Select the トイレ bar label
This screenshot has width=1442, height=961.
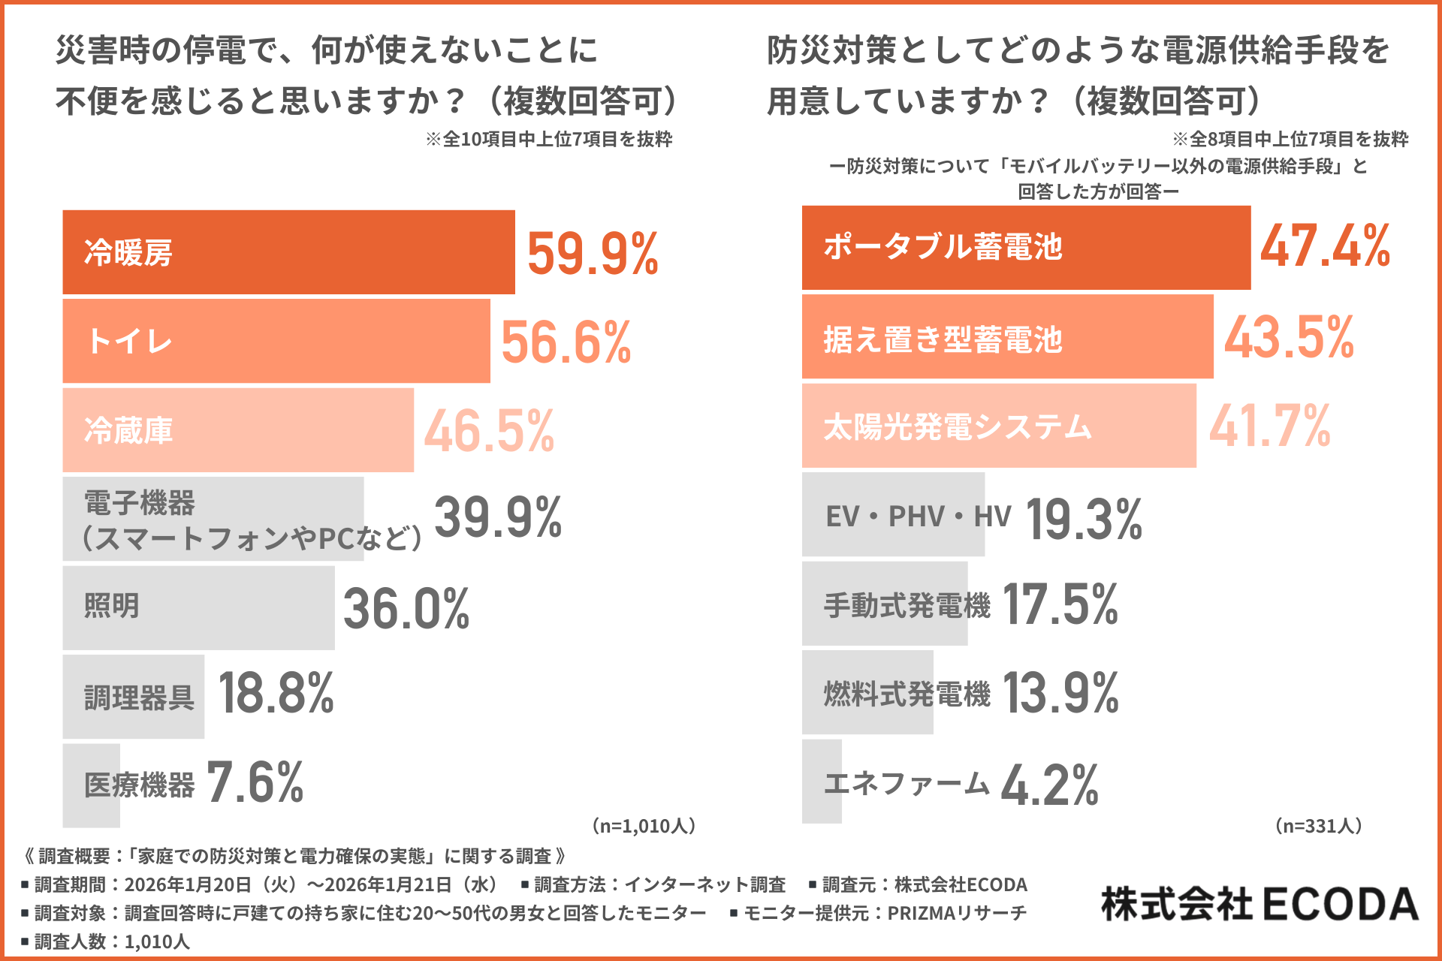click(x=129, y=342)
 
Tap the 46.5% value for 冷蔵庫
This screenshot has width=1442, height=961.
click(x=489, y=432)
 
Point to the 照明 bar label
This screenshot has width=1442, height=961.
click(x=112, y=606)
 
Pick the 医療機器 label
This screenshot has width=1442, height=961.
click(x=139, y=785)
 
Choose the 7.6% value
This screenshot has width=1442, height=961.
click(x=255, y=783)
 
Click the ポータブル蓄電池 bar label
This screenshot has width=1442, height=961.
click(x=943, y=247)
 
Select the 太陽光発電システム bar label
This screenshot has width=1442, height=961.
click(x=958, y=427)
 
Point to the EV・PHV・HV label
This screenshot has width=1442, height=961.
click(x=918, y=517)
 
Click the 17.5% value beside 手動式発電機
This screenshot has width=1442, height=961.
click(x=1060, y=604)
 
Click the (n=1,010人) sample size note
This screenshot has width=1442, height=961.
click(x=644, y=827)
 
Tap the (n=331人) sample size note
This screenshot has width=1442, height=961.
click(x=1318, y=827)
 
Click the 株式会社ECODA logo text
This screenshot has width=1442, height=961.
click(x=1259, y=904)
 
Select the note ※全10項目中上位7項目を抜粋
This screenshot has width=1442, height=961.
click(x=548, y=140)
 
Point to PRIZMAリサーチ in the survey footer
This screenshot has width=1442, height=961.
click(x=957, y=914)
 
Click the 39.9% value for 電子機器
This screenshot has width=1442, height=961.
click(x=498, y=518)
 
